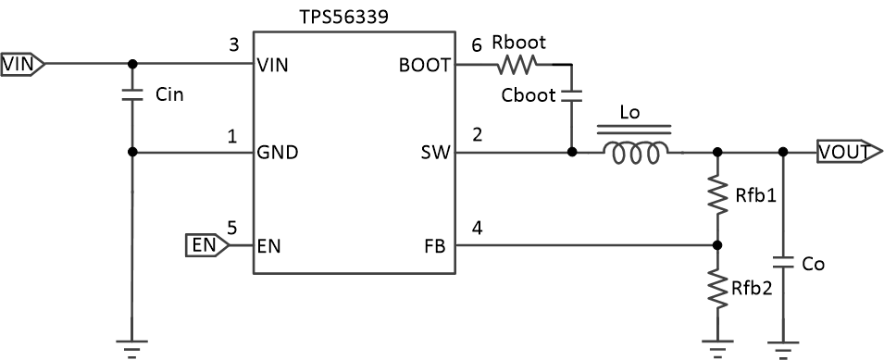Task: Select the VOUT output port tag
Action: click(x=842, y=152)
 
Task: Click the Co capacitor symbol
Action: click(x=783, y=264)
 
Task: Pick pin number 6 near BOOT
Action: click(x=477, y=44)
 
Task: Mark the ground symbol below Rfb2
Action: click(x=716, y=346)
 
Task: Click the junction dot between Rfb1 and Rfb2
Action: click(x=716, y=245)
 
